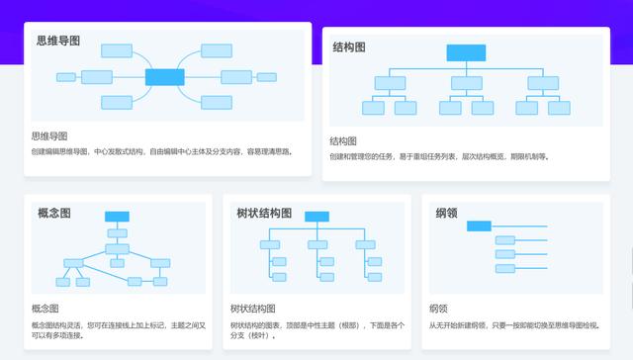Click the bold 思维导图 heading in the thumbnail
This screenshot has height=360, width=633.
coord(58,41)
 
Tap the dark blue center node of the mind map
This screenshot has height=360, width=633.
coord(165,76)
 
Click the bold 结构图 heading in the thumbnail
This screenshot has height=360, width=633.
coord(350,46)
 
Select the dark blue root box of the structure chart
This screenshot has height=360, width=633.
coord(465,53)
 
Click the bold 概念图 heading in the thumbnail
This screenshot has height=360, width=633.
coord(53,213)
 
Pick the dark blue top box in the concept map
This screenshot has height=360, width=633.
coord(118,217)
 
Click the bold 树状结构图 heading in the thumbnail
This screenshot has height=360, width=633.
coord(264,213)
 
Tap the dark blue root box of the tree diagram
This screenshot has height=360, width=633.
coord(316,217)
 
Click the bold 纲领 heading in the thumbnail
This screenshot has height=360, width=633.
coord(446,213)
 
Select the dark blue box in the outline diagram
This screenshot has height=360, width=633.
coord(479,225)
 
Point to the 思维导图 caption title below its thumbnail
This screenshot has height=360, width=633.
coord(49,135)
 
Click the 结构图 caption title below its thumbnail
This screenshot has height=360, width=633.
coord(343,141)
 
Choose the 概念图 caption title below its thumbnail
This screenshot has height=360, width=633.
coord(45,309)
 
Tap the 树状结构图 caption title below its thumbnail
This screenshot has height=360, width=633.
coord(252,309)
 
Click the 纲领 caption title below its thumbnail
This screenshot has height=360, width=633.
coord(438,309)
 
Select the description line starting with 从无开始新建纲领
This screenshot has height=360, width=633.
coord(514,324)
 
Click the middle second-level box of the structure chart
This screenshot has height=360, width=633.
coord(465,81)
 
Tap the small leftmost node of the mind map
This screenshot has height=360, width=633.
coord(66,77)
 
